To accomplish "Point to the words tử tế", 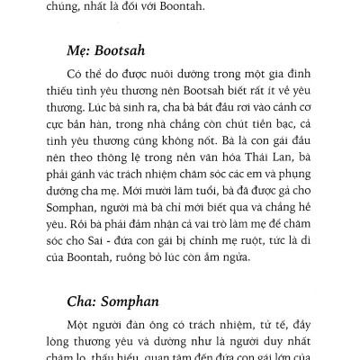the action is pos(255,325).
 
